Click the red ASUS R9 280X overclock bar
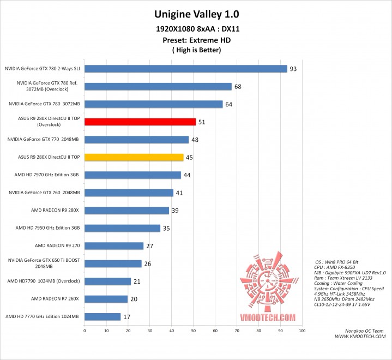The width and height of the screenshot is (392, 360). coord(140,122)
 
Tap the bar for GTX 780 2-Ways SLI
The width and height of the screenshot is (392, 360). coord(185,69)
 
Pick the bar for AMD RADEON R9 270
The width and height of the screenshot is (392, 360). coord(113,246)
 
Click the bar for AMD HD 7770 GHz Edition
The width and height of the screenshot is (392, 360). coord(102,316)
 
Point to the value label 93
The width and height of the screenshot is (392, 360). coord(294,69)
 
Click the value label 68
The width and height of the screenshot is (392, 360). coord(238,87)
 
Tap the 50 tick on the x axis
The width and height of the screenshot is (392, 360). coord(193,331)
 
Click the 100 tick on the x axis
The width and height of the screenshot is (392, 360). coord(301,331)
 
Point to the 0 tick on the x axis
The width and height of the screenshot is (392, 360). coord(85,331)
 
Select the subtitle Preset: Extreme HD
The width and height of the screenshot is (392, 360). coord(196,40)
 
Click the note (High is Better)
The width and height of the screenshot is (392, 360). coord(196,50)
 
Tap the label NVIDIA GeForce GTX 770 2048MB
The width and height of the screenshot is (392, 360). coord(44,140)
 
